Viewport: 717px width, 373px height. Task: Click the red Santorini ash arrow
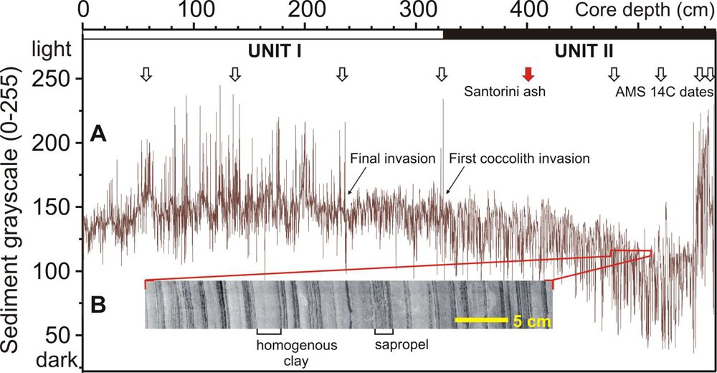[x=528, y=73]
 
